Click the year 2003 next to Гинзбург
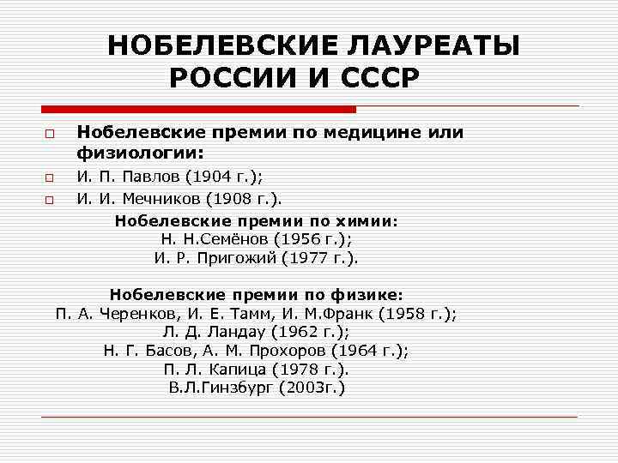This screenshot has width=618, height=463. coord(305,388)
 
